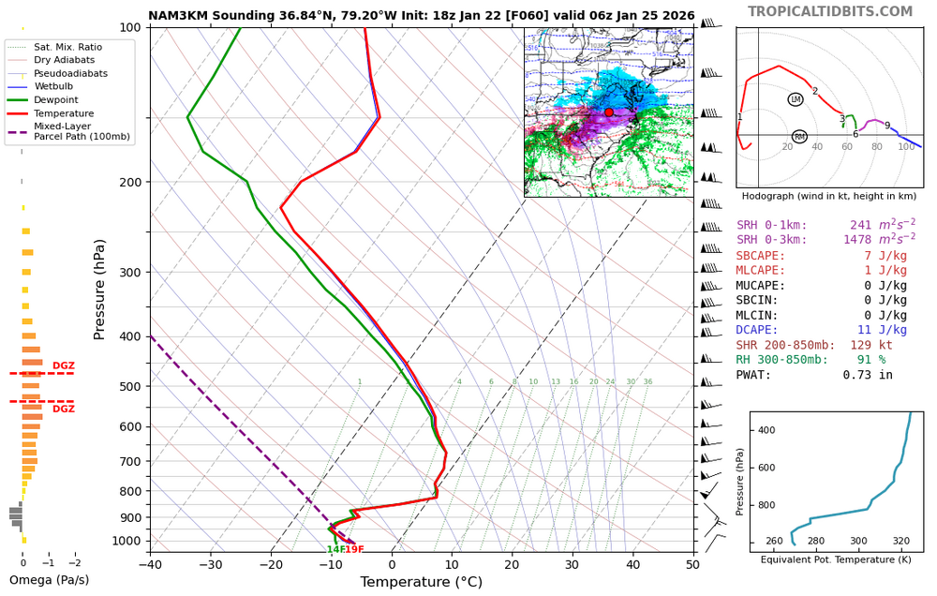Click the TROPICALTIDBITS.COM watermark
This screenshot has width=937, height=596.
point(842,11)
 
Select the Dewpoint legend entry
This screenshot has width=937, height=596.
point(56,99)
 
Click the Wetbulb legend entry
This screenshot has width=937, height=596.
point(55,86)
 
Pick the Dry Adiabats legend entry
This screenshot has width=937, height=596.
point(65,60)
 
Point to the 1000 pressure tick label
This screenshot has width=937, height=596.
point(125,541)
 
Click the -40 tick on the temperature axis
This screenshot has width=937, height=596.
point(150,564)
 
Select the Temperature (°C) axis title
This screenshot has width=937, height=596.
point(421,583)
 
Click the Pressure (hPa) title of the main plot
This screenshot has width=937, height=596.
point(101,290)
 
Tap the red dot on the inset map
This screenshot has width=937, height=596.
point(608,112)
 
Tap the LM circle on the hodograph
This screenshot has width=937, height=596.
point(796,99)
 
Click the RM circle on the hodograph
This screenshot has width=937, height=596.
point(799,137)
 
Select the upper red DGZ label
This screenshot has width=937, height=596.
point(63,366)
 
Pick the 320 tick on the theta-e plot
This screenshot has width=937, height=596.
point(900,541)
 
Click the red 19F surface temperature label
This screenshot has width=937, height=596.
point(353,550)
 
